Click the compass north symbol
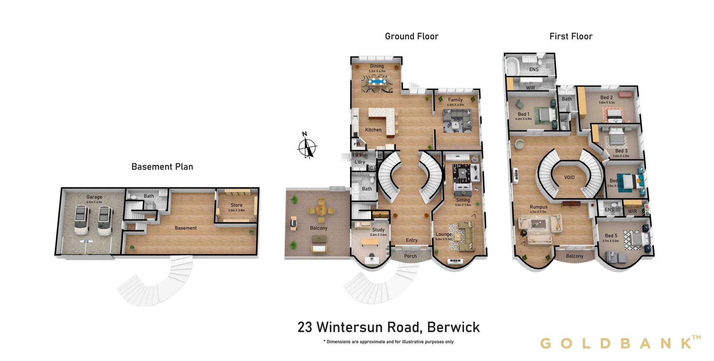coord(307,147)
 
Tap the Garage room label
coord(94,197)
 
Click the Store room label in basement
coord(236,205)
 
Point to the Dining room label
coord(377,66)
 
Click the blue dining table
coord(377,81)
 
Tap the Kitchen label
coord(373,130)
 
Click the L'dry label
coord(360,162)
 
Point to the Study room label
coord(378,230)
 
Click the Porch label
coord(410,256)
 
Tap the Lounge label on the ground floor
coord(443,234)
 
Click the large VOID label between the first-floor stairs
coord(569,178)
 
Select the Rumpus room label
coord(538,207)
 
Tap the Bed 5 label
coord(611,236)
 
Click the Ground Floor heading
coord(411,36)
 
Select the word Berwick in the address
coord(453,328)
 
